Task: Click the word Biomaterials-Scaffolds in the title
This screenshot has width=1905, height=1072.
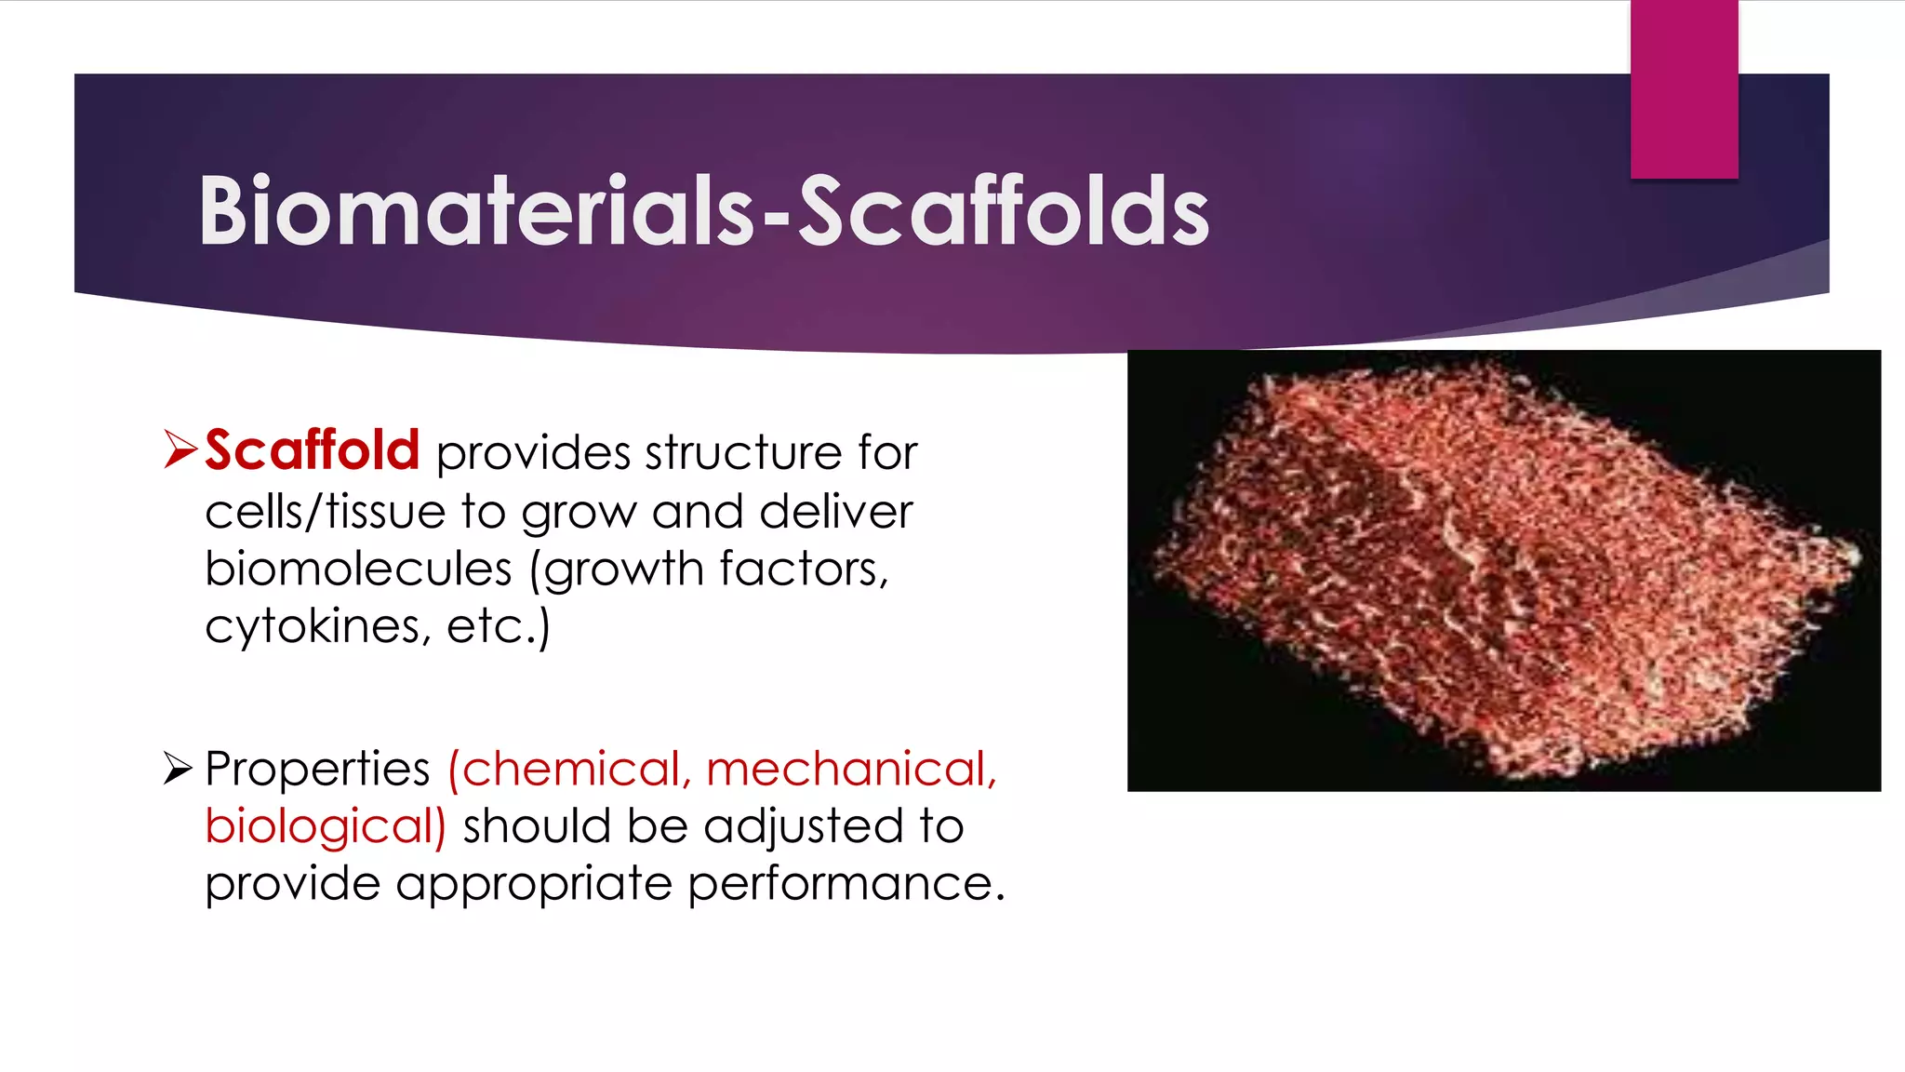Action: coord(703,212)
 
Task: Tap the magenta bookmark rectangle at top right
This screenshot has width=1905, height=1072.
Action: coord(1684,89)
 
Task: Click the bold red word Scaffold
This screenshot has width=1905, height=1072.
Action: coord(313,450)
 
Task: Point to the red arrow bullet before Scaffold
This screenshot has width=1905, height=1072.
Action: coord(180,449)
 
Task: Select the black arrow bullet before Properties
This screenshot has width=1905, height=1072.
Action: coord(178,769)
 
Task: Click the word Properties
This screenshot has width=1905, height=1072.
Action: coord(317,770)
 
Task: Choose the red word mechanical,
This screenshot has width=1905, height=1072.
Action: coord(851,770)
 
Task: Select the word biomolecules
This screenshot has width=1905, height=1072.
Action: coord(358,569)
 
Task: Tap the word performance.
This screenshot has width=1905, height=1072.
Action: coord(846,884)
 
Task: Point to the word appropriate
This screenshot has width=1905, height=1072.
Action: coord(534,884)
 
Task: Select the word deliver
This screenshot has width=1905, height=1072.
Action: coord(835,512)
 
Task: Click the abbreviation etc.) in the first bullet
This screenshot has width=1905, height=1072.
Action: coord(499,626)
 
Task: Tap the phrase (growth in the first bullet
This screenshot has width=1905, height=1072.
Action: coord(616,569)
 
